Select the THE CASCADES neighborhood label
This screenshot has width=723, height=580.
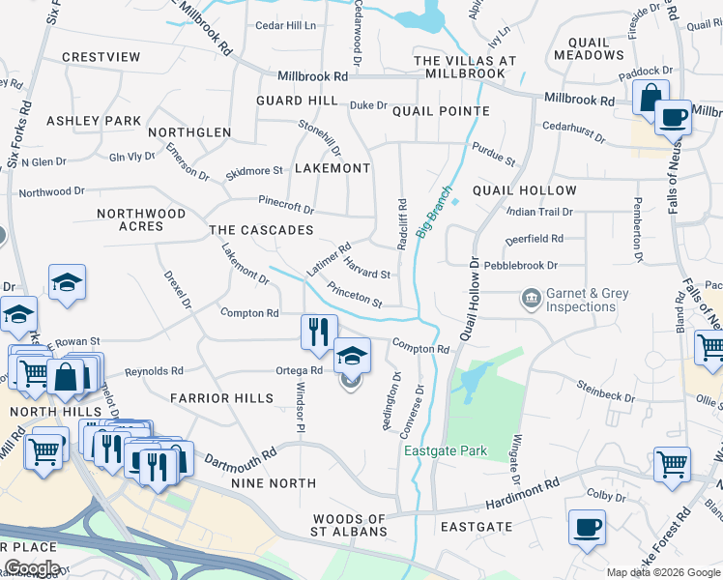(261, 230)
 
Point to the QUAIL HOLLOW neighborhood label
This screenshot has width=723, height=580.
(524, 190)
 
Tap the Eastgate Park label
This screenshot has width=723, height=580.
(446, 450)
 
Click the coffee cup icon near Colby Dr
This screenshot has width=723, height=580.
(587, 528)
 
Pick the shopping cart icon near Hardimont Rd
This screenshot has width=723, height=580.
(672, 463)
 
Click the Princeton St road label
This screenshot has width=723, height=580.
(355, 295)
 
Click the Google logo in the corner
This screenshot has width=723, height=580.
(32, 567)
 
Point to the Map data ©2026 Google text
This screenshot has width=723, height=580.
(662, 572)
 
